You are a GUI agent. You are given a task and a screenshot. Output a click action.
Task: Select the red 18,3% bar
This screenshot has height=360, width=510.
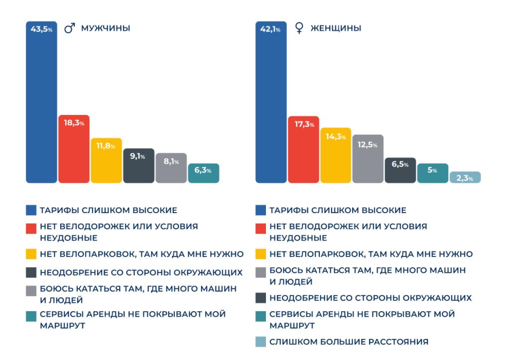74,149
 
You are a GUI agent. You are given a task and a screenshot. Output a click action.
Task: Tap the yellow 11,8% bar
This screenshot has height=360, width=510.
106,160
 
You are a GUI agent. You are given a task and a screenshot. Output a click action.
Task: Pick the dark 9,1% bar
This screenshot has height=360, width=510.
138,166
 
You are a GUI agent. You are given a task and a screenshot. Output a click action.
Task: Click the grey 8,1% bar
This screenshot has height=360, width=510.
171,168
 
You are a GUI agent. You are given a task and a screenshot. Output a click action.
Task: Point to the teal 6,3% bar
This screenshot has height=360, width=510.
203,173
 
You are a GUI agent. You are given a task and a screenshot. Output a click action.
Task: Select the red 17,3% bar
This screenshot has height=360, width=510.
303,149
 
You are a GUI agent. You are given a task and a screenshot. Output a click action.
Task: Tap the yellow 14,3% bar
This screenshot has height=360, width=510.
336,155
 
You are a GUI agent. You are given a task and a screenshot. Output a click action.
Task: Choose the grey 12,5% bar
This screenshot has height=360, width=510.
368,158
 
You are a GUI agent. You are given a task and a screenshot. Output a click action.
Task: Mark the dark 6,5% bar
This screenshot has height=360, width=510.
400,170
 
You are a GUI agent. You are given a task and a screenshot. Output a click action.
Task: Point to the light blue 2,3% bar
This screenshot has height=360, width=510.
465,178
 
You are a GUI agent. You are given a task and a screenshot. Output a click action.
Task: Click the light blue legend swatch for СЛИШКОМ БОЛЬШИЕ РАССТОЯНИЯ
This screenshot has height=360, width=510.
260,342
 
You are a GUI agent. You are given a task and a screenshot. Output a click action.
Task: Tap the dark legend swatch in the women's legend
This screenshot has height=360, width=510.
260,298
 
